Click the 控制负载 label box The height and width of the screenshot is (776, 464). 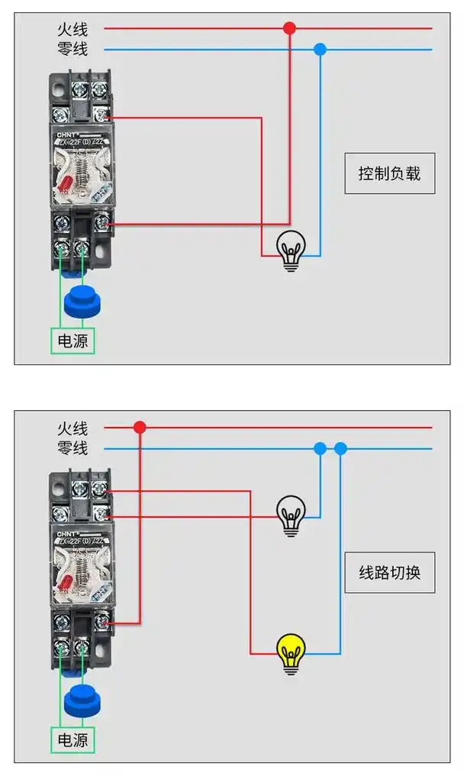[x=389, y=173]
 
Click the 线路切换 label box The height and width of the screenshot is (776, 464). [x=389, y=572]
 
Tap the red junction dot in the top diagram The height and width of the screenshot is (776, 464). [x=289, y=28]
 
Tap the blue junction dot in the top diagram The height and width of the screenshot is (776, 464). [x=320, y=50]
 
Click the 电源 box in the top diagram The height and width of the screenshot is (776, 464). [x=73, y=340]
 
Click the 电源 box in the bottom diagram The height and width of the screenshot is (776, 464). [x=73, y=739]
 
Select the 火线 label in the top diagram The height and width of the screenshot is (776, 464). [x=72, y=29]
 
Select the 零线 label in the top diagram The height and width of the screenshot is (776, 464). [x=72, y=50]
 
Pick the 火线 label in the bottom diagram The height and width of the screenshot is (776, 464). [x=72, y=428]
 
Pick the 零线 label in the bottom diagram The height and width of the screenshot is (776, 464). [x=72, y=448]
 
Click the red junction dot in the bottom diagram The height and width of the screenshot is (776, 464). [x=140, y=428]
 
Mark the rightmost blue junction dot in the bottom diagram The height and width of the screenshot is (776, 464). [x=340, y=449]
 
